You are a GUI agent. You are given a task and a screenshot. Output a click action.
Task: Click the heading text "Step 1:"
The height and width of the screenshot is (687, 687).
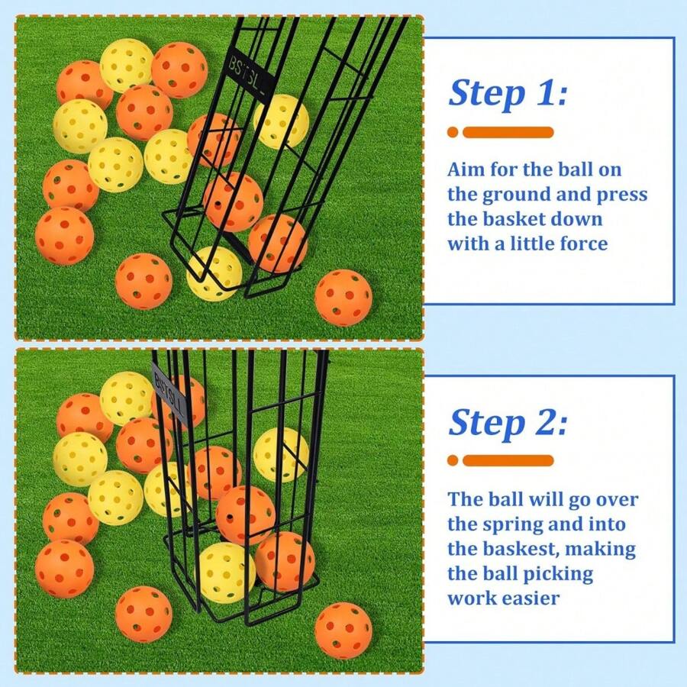(508, 93)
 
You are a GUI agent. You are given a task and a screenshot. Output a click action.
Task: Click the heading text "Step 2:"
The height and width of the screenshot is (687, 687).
(508, 422)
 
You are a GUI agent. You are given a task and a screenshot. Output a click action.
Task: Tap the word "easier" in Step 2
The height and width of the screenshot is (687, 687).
(531, 598)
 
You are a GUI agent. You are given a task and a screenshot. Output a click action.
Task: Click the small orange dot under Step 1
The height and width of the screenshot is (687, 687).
(453, 132)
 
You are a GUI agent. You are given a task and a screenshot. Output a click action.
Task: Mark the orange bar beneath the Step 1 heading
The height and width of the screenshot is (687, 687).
(508, 132)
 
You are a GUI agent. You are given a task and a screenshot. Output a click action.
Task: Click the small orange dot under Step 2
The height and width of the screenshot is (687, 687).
(453, 460)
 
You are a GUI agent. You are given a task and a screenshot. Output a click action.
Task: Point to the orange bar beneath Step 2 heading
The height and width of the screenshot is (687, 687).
(508, 460)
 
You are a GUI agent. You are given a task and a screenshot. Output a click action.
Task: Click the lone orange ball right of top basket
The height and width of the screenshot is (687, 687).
(343, 297)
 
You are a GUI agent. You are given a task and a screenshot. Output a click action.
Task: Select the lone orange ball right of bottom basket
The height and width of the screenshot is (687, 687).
(343, 630)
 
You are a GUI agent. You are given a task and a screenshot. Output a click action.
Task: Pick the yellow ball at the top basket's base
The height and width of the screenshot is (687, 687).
(215, 273)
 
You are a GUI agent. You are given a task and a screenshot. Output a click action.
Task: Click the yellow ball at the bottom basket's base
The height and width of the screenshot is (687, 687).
(224, 571)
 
